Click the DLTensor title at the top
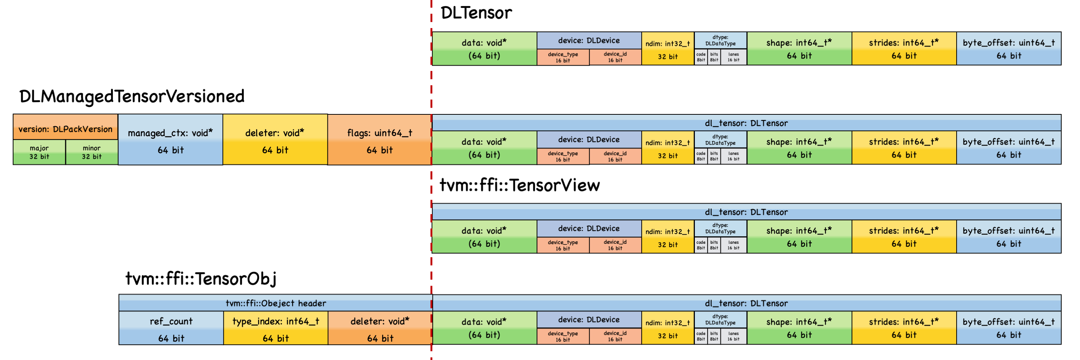click(476, 13)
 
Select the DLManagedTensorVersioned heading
click(132, 96)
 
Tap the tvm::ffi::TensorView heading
click(519, 185)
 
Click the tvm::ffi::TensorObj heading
click(201, 279)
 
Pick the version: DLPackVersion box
click(65, 129)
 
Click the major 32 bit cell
click(39, 152)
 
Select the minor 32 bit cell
click(91, 152)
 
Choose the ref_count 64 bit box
click(171, 329)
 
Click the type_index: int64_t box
click(276, 329)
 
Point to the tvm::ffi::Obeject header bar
click(276, 303)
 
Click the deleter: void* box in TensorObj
click(380, 329)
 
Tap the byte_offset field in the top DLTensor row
click(1009, 49)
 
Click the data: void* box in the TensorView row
click(484, 237)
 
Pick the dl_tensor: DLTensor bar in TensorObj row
click(746, 303)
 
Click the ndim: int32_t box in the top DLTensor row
click(667, 49)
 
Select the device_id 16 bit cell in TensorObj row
click(615, 336)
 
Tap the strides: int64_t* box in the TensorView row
click(904, 237)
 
